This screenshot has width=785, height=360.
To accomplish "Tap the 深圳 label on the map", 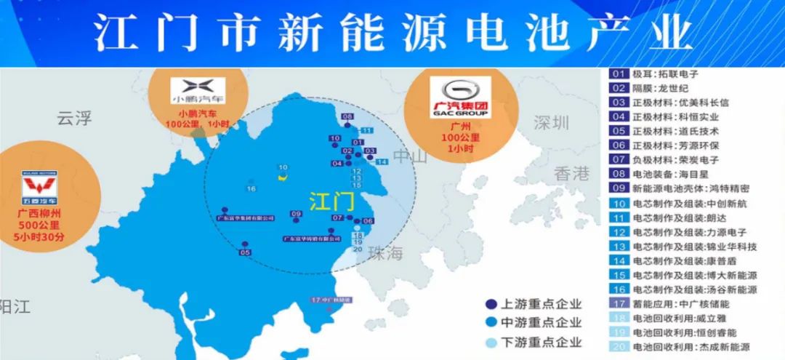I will pos(550,123).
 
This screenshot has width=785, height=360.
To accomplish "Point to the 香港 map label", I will pos(571,173).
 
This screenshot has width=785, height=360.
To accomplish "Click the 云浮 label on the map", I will pos(75,117).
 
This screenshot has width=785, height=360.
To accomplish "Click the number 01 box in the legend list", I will pos(619,74).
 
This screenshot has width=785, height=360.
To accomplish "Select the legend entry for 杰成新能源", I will pos(672,348).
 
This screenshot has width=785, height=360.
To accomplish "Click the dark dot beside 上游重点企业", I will pos(490,305).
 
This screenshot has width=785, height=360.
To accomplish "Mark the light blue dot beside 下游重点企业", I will pos(490,342).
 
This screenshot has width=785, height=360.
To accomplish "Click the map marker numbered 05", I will pos(245,252).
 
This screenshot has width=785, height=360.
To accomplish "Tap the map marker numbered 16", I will pos(251,189).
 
